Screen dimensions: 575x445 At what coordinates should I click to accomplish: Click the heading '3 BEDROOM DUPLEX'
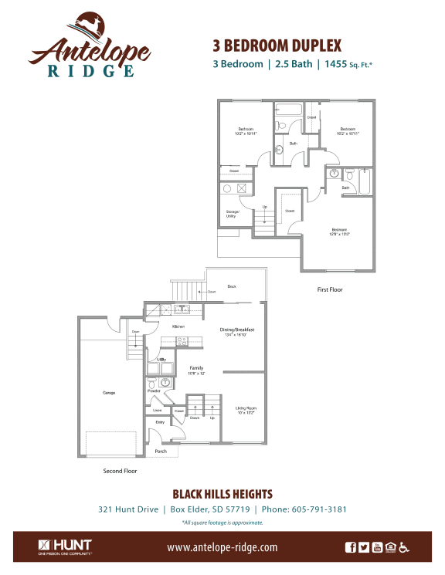tap(276, 46)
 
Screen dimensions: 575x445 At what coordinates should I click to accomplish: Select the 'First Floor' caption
tap(330, 289)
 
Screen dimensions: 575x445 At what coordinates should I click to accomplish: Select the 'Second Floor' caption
tap(121, 469)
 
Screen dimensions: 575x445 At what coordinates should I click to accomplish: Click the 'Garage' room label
tap(109, 393)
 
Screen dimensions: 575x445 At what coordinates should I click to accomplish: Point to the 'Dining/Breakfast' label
tap(238, 330)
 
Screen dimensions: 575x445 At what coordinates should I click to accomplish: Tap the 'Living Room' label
tap(246, 408)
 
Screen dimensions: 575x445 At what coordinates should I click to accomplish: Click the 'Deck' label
tap(231, 286)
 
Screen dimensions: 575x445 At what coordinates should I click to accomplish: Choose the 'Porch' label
tap(161, 452)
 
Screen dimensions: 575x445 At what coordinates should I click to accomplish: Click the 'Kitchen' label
tap(178, 327)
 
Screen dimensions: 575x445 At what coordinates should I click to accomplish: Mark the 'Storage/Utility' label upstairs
tap(232, 213)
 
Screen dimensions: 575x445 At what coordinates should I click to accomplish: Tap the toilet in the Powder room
tap(165, 383)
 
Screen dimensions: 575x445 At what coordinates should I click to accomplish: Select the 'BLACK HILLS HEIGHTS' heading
tap(222, 493)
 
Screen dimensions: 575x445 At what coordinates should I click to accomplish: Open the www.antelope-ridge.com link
tap(222, 547)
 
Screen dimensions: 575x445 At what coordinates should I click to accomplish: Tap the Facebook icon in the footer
tap(351, 547)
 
